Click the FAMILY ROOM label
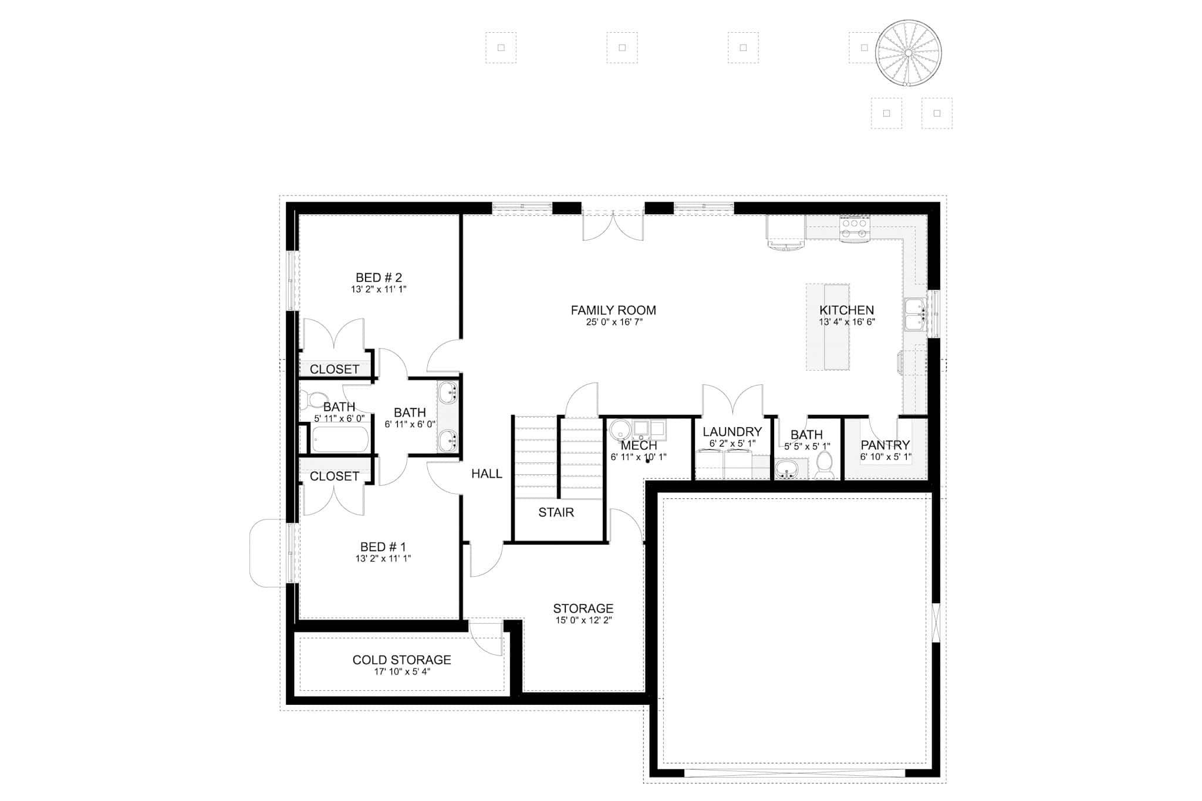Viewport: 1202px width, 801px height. tap(613, 310)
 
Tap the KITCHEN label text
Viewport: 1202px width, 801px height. tap(846, 310)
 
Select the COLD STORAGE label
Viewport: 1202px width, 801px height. tap(401, 660)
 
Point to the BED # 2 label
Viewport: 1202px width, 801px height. tap(379, 278)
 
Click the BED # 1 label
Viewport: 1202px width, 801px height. tap(383, 547)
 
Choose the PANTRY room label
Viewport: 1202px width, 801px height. tap(885, 445)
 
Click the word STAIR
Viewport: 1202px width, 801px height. tap(556, 512)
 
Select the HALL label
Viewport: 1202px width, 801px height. tap(487, 474)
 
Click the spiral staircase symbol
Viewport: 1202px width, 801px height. tap(908, 53)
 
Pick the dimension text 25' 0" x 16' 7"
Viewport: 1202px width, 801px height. tap(613, 322)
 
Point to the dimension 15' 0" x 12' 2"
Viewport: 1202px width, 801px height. tap(583, 620)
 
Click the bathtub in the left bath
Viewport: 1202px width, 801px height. tap(340, 440)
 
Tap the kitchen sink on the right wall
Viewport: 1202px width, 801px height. tap(914, 315)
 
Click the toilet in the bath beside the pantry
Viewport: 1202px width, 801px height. tap(825, 464)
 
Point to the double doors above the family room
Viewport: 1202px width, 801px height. tap(613, 227)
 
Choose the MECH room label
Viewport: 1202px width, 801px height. tap(639, 446)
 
